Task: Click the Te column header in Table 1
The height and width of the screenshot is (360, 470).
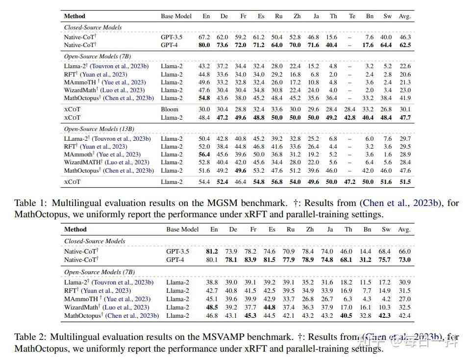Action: [x=352, y=16]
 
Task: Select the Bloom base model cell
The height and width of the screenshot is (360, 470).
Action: [x=170, y=109]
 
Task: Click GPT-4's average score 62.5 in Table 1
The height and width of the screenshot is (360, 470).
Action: [x=405, y=45]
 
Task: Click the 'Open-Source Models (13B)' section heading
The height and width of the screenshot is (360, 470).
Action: [x=99, y=129]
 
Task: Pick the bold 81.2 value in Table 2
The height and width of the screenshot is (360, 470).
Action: [x=212, y=252]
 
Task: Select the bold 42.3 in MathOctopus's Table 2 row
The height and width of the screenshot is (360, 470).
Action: [x=385, y=315]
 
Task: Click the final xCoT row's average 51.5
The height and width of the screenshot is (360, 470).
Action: [x=405, y=182]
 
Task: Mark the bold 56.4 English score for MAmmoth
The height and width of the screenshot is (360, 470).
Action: [x=204, y=154]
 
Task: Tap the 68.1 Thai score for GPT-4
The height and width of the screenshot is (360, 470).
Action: [x=346, y=260]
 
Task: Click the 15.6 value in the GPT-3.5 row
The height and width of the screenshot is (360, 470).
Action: [x=331, y=37]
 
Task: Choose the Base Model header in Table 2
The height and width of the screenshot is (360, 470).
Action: [x=182, y=230]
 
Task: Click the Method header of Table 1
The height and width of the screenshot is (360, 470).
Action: [x=74, y=16]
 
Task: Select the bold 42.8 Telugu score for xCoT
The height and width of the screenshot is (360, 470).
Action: [x=350, y=118]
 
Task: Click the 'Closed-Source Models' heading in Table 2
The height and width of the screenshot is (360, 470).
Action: [x=95, y=241]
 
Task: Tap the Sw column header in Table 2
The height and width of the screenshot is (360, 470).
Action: [x=386, y=230]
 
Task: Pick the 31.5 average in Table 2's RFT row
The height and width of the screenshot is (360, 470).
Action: [x=405, y=291]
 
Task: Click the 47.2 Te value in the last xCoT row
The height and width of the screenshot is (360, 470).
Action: [x=350, y=182]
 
